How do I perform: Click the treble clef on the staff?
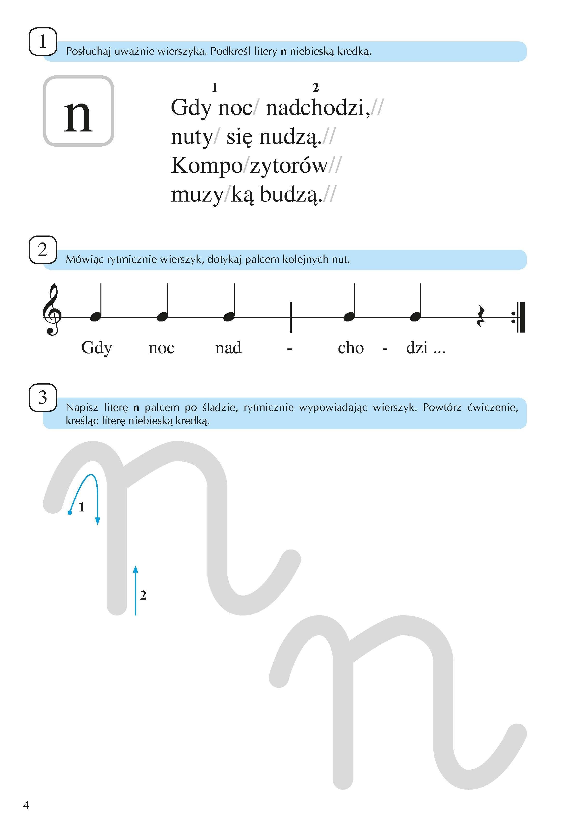tap(52, 310)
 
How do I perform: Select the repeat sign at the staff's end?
tap(519, 317)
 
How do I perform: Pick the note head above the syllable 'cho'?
tap(349, 317)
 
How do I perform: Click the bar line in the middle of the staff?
tap(290, 317)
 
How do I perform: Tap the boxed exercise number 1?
tap(43, 41)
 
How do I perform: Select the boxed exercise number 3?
tap(43, 397)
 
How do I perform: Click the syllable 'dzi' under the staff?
tap(417, 348)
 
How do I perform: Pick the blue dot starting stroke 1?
tap(70, 512)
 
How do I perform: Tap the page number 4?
tap(26, 805)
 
